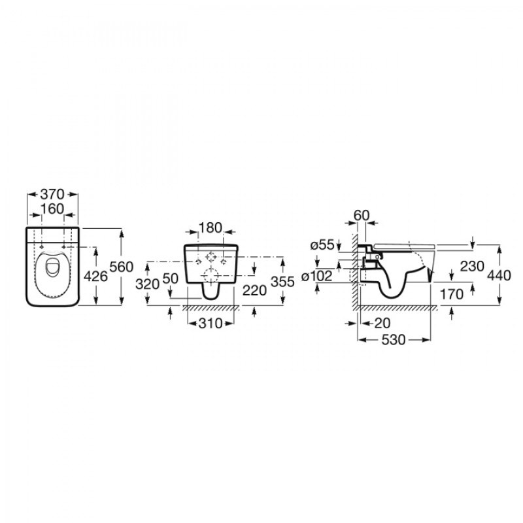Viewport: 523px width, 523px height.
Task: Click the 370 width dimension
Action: [x=52, y=194]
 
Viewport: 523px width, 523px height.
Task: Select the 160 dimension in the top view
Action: [x=52, y=209]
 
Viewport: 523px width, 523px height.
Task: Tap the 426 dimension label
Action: [x=95, y=276]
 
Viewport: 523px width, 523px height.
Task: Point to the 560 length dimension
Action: [x=121, y=267]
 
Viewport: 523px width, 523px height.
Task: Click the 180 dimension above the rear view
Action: [x=211, y=228]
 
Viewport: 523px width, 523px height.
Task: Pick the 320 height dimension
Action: [x=148, y=284]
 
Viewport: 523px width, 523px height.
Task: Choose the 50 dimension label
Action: [x=171, y=278]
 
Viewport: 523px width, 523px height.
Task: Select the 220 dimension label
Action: [x=254, y=290]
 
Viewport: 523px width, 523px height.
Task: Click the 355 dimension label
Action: [x=282, y=282]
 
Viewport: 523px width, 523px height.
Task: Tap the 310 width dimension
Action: [x=210, y=323]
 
